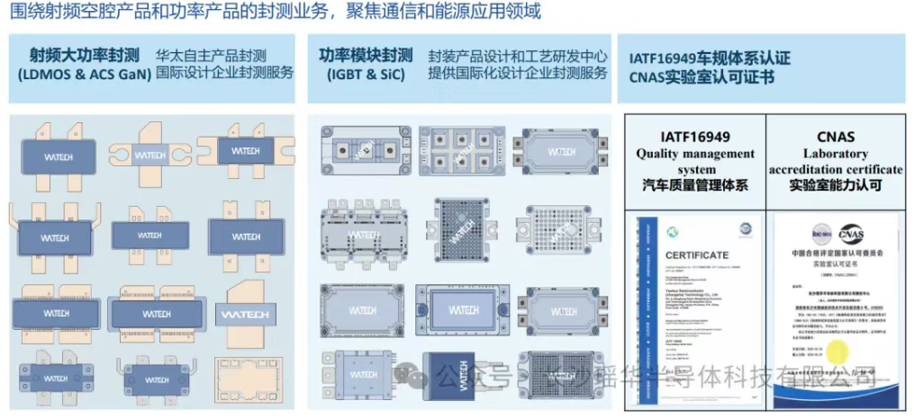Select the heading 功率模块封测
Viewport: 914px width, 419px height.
366,54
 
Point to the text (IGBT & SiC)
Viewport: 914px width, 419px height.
366,74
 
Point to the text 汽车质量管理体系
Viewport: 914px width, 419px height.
695,186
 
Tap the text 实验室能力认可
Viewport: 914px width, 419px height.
835,186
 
